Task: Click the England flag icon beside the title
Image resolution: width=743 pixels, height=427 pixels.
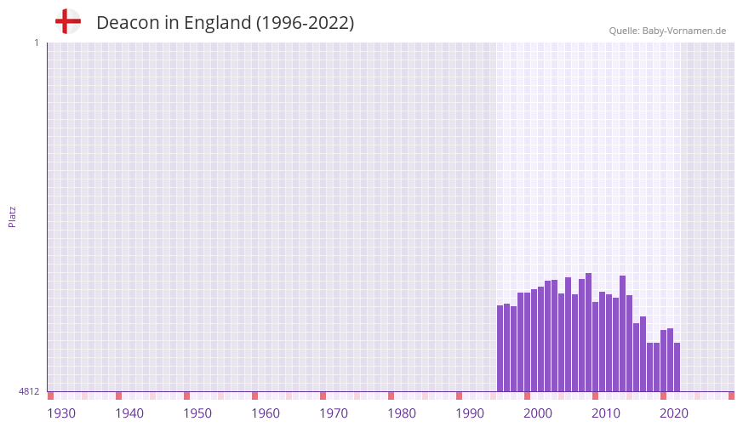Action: (x=67, y=21)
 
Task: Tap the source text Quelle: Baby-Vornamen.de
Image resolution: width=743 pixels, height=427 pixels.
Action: (x=667, y=31)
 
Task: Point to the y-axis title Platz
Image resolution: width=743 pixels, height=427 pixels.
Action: (x=12, y=216)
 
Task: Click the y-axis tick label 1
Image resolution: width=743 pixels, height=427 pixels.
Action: (x=37, y=43)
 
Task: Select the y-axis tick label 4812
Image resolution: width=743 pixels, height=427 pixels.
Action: (x=29, y=391)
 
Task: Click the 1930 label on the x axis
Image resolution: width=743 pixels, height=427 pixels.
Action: (x=61, y=413)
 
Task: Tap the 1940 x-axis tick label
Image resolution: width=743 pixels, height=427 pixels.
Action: (x=129, y=413)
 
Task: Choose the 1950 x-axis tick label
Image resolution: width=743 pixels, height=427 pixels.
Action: (x=197, y=413)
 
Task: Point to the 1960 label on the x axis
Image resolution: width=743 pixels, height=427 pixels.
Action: (x=266, y=413)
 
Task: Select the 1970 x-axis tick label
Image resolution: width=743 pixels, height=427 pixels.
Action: (x=334, y=413)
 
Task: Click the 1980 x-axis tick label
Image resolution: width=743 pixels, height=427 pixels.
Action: (x=402, y=413)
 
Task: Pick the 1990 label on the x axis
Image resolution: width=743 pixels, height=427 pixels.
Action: (x=470, y=413)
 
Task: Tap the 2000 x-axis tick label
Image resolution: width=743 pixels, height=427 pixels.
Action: (x=538, y=413)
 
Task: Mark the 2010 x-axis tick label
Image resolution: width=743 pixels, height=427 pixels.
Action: (x=606, y=413)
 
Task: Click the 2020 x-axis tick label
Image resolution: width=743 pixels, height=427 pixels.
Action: (x=674, y=413)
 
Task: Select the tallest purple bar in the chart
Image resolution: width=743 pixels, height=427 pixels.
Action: (x=588, y=332)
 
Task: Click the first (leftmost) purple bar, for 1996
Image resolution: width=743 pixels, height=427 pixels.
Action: (x=500, y=349)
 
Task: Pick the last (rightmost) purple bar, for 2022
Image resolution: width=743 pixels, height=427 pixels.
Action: (x=677, y=367)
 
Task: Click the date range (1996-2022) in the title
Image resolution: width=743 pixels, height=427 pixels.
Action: (x=305, y=23)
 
